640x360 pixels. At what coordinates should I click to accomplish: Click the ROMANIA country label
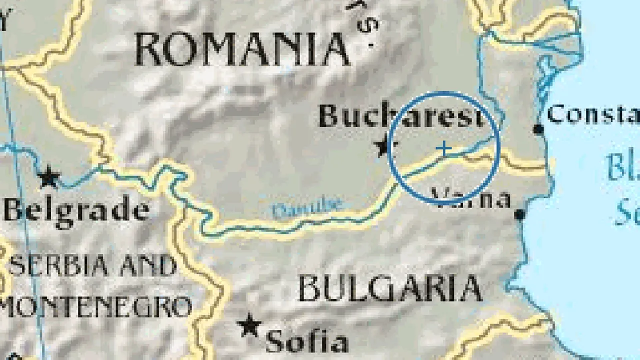pos(242,50)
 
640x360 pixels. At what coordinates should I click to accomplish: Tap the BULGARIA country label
pos(390,288)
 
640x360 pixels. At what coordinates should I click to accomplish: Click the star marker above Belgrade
pos(49,177)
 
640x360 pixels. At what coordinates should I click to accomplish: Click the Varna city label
pos(471,199)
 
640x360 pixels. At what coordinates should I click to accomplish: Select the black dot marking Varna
pos(520,215)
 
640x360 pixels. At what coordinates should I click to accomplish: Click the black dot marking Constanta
pos(538,130)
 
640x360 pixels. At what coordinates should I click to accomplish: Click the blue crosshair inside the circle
pos(444,148)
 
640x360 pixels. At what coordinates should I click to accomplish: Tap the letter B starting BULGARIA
pos(308,289)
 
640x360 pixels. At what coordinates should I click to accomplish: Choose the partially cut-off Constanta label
pos(593,114)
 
